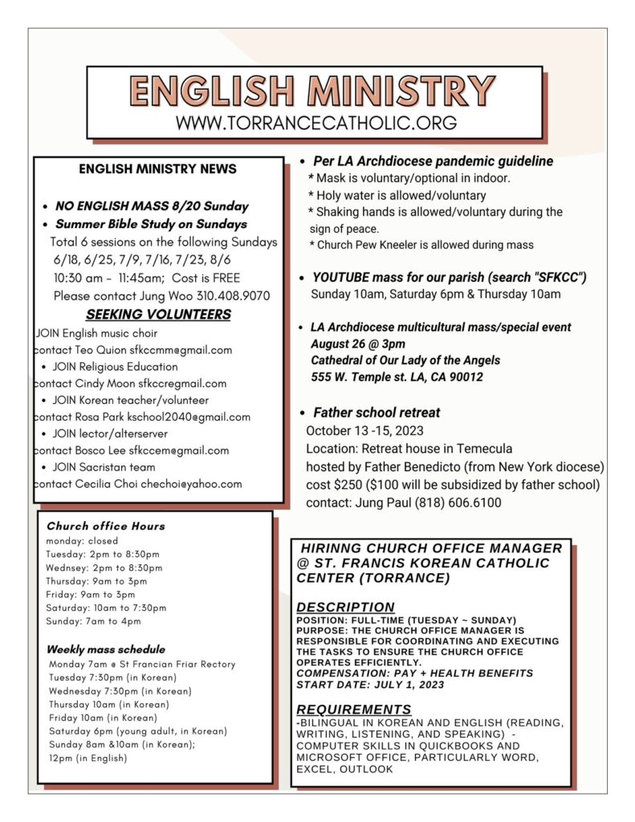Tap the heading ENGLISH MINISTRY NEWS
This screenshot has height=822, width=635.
tap(158, 169)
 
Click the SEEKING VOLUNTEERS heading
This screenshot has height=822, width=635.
tap(158, 315)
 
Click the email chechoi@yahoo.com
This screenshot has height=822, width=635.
tap(191, 483)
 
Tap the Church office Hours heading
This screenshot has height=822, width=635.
tap(106, 527)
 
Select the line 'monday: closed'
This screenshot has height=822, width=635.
tap(82, 541)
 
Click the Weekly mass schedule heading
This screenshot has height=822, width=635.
tap(106, 649)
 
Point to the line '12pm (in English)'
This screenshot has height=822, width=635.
tap(88, 758)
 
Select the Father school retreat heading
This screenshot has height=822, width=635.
tap(376, 413)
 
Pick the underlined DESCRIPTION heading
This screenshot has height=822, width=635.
tap(345, 608)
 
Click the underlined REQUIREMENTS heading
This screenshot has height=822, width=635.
tap(353, 710)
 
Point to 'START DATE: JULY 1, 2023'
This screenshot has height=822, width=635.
tap(369, 684)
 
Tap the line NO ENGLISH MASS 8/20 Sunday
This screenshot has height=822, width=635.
tap(152, 206)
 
